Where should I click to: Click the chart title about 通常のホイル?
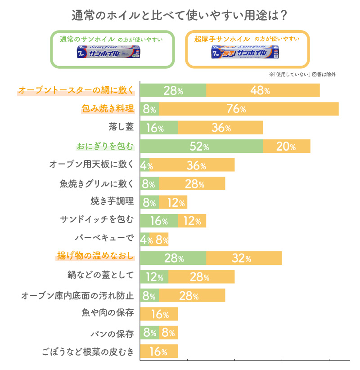coord(180,15)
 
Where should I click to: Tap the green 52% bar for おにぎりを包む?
coord(201,147)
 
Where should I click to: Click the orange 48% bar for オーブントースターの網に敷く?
coord(263,90)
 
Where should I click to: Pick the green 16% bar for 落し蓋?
coord(159,128)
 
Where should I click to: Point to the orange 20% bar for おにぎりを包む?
coord(287,147)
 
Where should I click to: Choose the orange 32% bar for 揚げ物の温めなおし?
coord(244,258)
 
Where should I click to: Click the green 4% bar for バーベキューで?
coord(144,240)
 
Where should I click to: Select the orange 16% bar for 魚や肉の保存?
coord(159,314)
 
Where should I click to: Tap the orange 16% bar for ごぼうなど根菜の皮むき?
coord(159,351)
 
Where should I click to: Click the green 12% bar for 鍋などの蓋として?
coord(154,277)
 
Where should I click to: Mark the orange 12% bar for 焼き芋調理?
coord(173,202)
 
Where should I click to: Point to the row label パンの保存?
coord(112,334)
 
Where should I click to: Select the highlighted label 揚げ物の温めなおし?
coord(95,256)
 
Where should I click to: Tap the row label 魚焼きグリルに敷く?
coord(97,183)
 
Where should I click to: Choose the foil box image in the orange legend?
coord(247,53)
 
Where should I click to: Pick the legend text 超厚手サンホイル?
coord(222,39)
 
